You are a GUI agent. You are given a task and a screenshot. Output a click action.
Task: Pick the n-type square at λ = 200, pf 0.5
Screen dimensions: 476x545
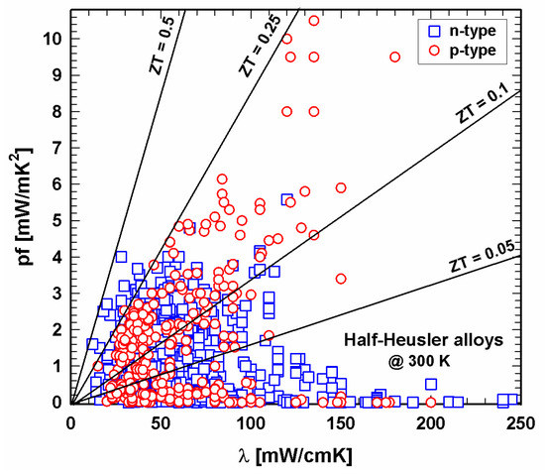pos(431,384)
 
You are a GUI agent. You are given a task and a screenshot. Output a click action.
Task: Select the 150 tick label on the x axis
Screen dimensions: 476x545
pos(341,424)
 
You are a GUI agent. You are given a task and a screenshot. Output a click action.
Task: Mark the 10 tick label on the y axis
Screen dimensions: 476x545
pos(52,38)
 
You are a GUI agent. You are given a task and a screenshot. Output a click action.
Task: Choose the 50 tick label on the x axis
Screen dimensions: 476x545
pos(161,424)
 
